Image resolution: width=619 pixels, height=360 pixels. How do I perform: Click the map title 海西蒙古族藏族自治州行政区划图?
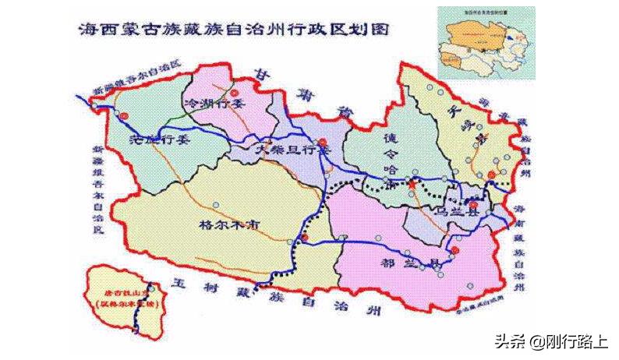(x=234, y=30)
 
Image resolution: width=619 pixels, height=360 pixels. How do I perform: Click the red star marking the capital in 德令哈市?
(x=411, y=183)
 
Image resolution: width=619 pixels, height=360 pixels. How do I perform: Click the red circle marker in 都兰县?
(x=455, y=250)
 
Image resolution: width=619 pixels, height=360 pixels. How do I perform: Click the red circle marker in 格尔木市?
(x=306, y=236)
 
